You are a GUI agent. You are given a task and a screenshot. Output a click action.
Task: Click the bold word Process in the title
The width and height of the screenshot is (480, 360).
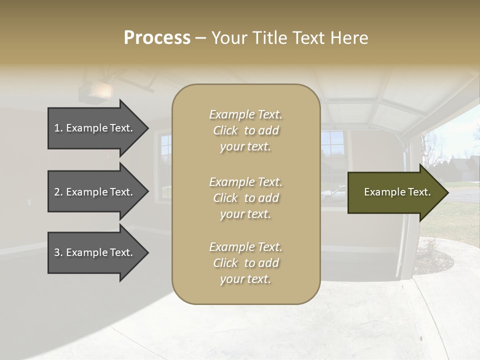[x=157, y=38]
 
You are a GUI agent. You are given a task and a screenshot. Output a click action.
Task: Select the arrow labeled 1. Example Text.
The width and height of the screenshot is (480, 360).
[x=95, y=128]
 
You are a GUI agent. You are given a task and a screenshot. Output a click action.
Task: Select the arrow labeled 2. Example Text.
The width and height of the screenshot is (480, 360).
[x=95, y=192]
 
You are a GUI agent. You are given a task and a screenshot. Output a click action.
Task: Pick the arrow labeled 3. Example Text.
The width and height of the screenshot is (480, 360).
[x=95, y=252]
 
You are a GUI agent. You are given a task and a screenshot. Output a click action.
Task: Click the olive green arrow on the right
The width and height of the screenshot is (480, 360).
[x=395, y=192]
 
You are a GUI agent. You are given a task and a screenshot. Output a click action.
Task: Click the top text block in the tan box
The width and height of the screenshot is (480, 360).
[x=245, y=130]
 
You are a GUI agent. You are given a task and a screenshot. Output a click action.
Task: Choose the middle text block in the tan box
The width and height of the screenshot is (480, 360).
[x=245, y=198]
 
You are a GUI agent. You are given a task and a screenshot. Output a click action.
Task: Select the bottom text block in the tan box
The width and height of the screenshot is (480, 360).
[x=245, y=263]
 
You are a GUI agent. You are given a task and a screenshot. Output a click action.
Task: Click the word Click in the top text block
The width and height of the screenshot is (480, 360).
[x=225, y=130]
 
